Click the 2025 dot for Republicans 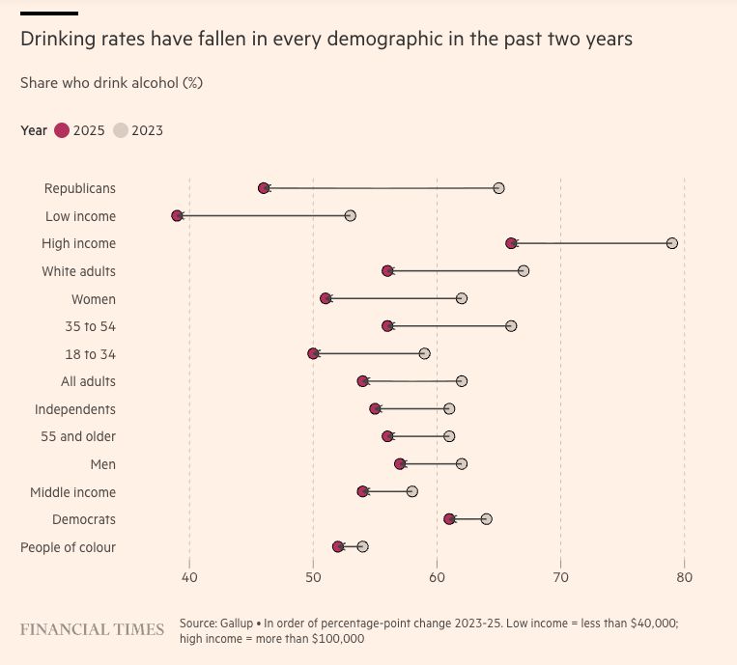point(264,187)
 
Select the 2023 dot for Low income point(350,215)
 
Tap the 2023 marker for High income point(672,242)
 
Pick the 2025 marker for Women point(326,298)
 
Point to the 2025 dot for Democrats point(449,519)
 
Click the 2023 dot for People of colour point(362,546)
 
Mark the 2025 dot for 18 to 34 point(313,353)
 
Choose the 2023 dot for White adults point(524,270)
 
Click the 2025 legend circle point(62,130)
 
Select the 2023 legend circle point(121,130)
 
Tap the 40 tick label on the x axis point(189,578)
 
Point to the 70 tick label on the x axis point(560,578)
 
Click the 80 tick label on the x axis point(684,578)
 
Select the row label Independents point(75,409)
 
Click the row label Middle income point(72,492)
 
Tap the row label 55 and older point(78,436)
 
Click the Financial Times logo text point(92,629)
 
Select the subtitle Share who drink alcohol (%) point(111,83)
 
